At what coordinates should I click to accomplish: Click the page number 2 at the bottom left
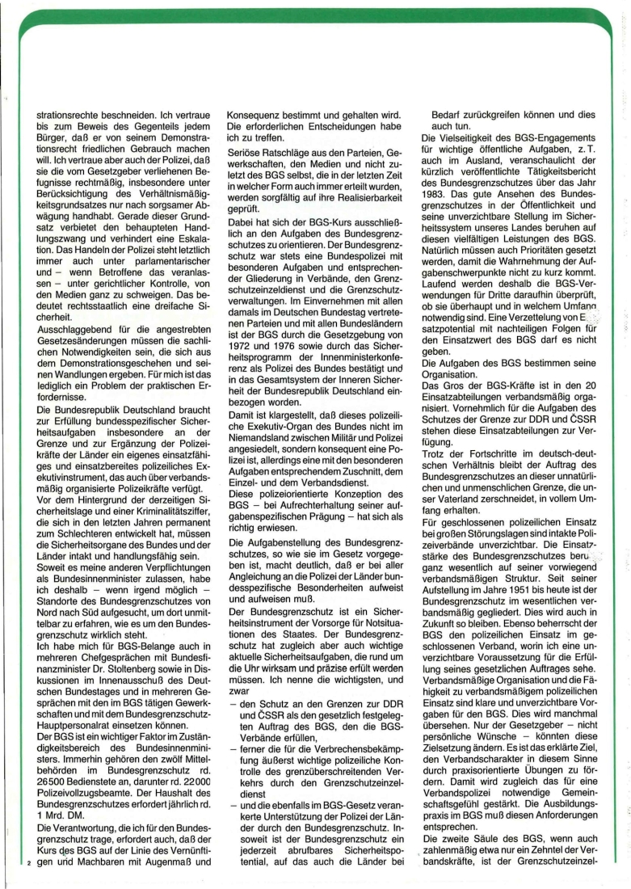[x=27, y=862]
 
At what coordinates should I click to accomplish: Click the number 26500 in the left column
[x=55, y=778]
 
